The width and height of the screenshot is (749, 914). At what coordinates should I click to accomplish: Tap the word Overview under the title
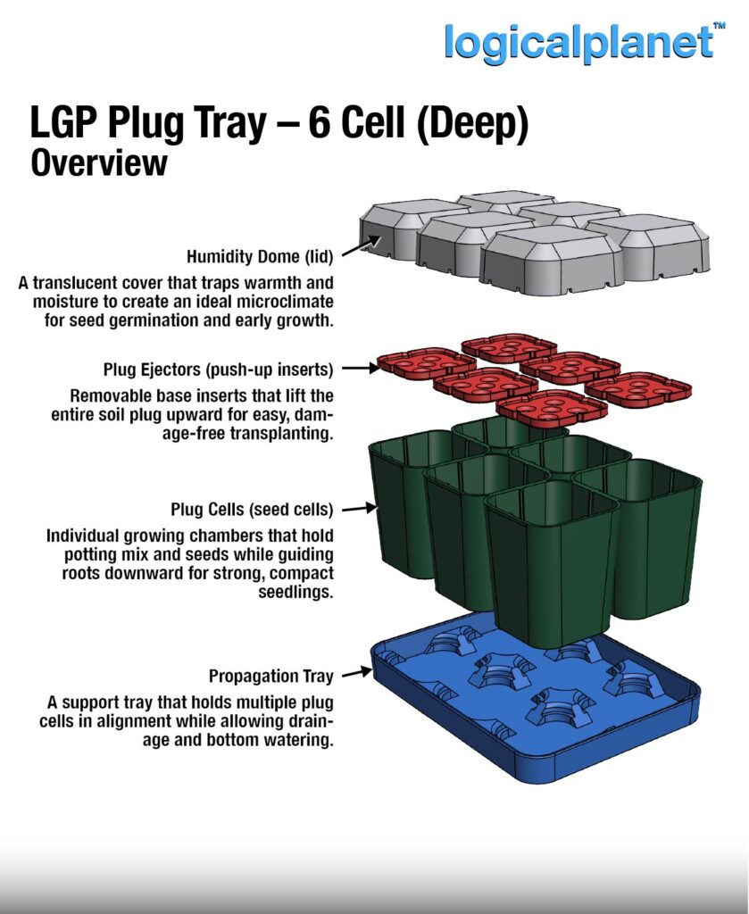click(99, 163)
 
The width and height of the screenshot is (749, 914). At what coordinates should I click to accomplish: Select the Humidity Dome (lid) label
click(260, 256)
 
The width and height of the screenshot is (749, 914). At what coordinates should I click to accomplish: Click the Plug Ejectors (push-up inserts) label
click(219, 370)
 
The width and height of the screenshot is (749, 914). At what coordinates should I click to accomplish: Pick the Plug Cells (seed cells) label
click(252, 510)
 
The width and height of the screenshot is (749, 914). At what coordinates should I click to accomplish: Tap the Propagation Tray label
click(271, 677)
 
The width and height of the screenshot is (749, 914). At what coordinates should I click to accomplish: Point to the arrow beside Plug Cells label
click(359, 509)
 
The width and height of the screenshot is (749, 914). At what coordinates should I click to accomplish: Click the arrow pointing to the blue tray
click(357, 673)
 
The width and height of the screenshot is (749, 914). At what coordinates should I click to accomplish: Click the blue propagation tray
click(535, 708)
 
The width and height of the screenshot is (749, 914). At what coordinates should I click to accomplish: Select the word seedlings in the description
click(295, 593)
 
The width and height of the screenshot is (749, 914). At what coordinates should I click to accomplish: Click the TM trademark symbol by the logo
click(720, 26)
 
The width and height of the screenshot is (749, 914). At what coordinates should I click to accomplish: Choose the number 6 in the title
click(320, 123)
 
